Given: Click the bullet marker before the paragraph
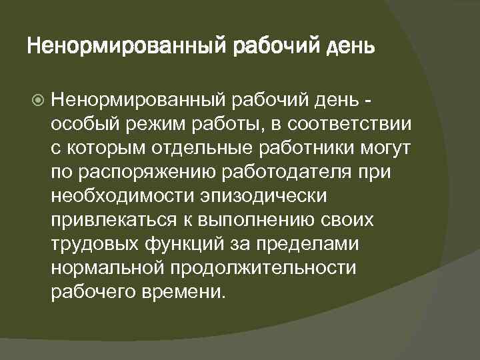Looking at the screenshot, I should coord(38,101).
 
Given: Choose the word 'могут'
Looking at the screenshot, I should coord(389,149).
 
